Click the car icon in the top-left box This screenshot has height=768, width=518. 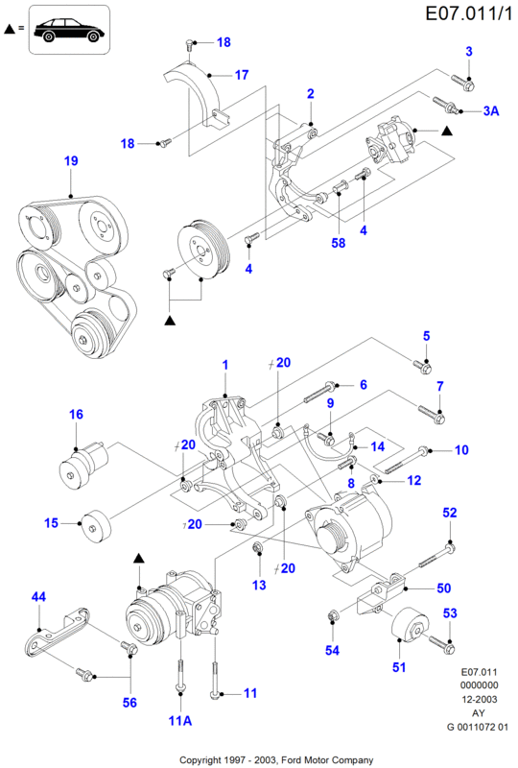69,30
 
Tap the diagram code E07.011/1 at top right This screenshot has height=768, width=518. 469,12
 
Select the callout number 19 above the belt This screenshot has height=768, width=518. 71,160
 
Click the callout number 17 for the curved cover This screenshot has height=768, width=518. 242,75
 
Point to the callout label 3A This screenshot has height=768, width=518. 491,111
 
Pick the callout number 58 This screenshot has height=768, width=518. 339,243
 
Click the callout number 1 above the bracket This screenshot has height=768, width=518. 225,365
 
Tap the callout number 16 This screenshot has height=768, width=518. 76,415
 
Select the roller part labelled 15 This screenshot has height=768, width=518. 96,526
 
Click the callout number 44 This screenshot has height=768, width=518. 38,596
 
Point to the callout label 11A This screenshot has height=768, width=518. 180,721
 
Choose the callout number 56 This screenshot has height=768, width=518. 129,703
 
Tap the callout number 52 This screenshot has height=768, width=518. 450,513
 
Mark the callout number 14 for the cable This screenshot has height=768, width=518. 378,446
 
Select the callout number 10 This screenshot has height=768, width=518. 461,449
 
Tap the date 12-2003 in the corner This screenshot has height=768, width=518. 480,699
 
